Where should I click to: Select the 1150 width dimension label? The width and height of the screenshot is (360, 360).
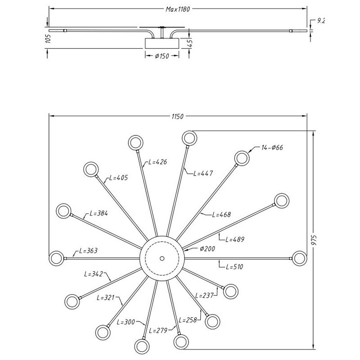point(177,117)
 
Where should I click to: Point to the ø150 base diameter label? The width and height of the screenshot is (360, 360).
point(162,56)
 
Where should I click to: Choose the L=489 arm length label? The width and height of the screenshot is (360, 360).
point(234,240)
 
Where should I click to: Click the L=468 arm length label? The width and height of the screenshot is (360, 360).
point(221,215)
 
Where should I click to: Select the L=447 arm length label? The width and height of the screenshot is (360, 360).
point(202,173)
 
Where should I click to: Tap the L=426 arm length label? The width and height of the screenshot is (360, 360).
point(157,162)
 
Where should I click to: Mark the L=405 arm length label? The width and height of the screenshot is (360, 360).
point(118,178)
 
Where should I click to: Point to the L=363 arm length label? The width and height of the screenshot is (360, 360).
point(88,251)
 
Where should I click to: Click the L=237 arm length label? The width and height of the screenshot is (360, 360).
point(204,296)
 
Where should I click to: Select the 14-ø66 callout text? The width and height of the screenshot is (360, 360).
point(272,148)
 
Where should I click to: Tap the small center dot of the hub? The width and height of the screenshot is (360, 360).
point(162,258)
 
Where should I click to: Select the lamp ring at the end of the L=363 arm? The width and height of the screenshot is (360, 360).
point(56,258)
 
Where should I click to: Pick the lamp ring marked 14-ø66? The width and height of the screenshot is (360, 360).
point(242,158)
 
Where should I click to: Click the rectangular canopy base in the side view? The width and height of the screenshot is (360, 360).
point(162,44)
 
